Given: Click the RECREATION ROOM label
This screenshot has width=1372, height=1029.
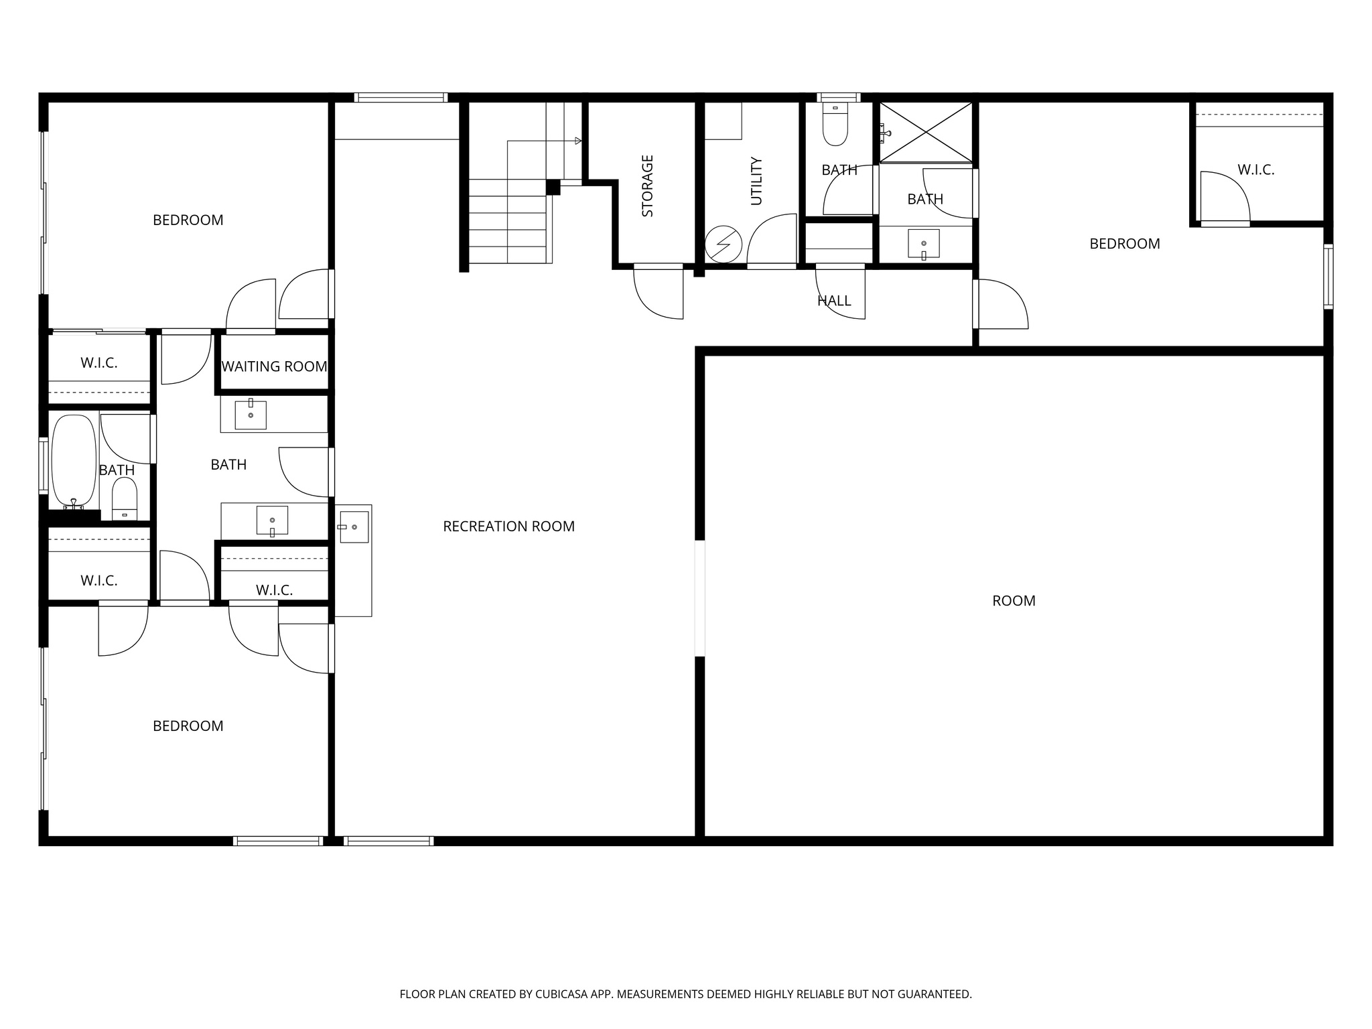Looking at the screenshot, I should click(508, 527).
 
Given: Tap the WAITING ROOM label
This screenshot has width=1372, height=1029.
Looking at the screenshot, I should click(274, 366).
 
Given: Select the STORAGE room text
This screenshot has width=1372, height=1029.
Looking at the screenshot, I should click(648, 186).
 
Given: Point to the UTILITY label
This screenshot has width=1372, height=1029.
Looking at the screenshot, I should click(756, 181).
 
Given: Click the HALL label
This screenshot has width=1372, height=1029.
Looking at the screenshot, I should click(834, 301).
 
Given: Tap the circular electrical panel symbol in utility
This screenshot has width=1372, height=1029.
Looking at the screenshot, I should click(724, 245).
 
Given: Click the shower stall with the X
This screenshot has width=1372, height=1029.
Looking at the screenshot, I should click(926, 132).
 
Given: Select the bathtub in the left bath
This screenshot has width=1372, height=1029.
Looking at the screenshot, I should click(74, 461).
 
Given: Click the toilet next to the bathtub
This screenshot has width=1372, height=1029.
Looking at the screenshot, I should click(124, 498).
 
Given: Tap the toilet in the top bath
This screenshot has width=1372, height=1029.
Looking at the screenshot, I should click(835, 125).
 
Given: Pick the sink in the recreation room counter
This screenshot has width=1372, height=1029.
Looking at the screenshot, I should click(353, 527).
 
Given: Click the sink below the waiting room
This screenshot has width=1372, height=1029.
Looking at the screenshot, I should click(251, 415).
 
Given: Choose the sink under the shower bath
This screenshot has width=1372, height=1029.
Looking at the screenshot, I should click(924, 244).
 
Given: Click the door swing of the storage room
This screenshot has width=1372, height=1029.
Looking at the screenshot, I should click(658, 293).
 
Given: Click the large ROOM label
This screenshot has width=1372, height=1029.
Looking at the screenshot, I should click(1014, 601).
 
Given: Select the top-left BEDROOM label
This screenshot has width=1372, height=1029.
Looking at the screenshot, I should click(188, 220).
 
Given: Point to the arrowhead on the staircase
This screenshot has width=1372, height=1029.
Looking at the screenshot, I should click(578, 141).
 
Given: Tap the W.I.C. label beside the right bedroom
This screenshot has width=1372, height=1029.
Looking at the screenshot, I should click(1255, 170).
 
